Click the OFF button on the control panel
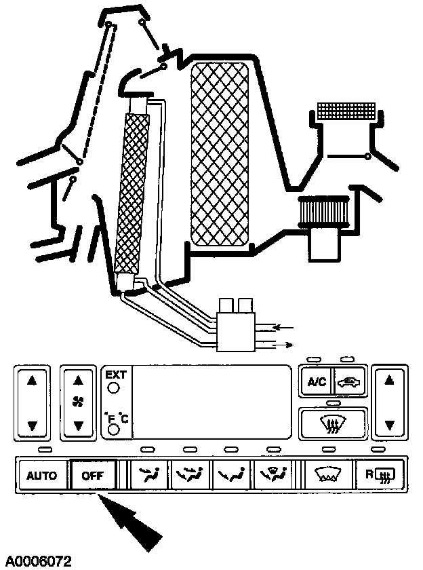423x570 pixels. tap(93, 476)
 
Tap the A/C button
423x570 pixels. tap(317, 382)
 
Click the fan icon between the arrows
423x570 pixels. tap(79, 403)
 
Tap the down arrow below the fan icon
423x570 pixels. tap(79, 425)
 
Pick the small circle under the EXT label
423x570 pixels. tap(113, 388)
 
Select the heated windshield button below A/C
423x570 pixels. tap(333, 425)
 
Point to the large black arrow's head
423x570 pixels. tap(112, 506)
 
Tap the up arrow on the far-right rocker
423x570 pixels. tap(389, 381)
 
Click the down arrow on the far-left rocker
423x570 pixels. tap(31, 425)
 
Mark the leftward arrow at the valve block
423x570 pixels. tap(283, 328)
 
